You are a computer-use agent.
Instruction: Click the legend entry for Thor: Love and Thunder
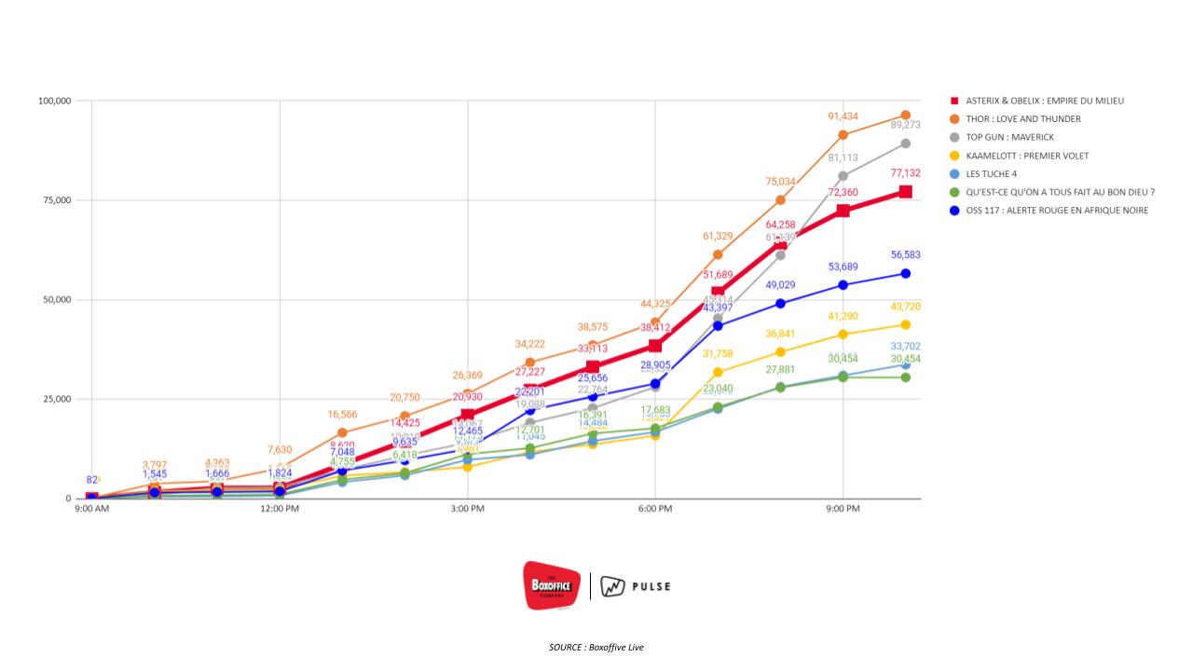(x=1023, y=118)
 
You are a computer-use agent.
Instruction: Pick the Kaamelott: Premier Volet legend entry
(x=1027, y=156)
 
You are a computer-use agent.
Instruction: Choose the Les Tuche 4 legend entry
(x=998, y=174)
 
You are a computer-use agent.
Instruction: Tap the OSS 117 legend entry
(x=1057, y=211)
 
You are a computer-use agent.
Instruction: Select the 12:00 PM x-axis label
(x=280, y=509)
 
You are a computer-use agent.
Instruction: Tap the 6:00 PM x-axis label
(x=655, y=509)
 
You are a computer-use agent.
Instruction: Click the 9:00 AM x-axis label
(x=91, y=509)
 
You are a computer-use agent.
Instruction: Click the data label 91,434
(x=843, y=116)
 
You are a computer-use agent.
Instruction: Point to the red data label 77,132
(x=905, y=173)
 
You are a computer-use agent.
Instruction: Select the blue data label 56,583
(x=905, y=254)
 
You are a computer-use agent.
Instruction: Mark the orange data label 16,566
(x=342, y=414)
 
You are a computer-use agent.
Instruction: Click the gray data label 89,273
(x=905, y=125)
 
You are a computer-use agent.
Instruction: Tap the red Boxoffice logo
(x=552, y=585)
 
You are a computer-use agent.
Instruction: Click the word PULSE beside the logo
(x=651, y=587)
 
